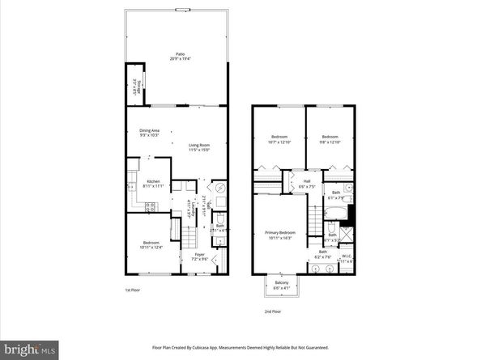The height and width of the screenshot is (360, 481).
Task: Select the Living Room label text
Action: (x=199, y=146)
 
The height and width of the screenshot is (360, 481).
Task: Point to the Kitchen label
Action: (x=153, y=184)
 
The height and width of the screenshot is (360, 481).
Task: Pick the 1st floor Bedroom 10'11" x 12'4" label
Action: (x=151, y=245)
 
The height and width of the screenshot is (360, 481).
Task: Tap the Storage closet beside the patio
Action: (x=135, y=84)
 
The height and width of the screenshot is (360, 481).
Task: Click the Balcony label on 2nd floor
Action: (x=282, y=284)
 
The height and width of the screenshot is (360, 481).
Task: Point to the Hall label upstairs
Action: (x=307, y=184)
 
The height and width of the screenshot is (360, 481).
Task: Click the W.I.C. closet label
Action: (x=347, y=259)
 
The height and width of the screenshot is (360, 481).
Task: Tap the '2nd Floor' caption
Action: (x=273, y=311)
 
